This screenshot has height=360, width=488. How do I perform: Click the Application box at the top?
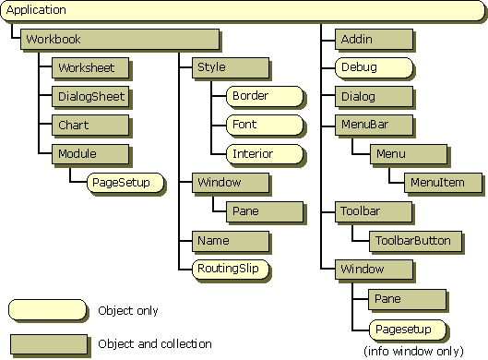click(x=243, y=10)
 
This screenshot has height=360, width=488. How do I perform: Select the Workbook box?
click(x=120, y=40)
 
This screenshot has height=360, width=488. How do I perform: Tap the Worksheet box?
click(x=90, y=67)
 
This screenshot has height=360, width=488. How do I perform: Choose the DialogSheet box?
click(x=90, y=97)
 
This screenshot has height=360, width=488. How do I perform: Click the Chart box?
click(x=90, y=126)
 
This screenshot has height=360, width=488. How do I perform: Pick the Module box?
click(x=90, y=154)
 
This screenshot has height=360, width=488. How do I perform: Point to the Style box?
click(x=231, y=67)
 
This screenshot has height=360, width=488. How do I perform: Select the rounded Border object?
click(x=265, y=96)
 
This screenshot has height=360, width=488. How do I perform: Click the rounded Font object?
click(x=265, y=125)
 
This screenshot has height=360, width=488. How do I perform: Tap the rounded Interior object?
click(x=265, y=154)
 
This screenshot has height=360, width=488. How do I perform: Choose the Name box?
click(x=231, y=241)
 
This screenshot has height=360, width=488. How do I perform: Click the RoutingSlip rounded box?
click(x=231, y=270)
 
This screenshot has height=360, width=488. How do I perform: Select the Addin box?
click(x=375, y=40)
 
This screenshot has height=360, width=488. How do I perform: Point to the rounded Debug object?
click(x=375, y=67)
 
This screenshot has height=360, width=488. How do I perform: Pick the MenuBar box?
click(x=375, y=125)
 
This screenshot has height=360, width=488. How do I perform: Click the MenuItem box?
click(x=443, y=183)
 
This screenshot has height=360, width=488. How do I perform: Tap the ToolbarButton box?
click(x=415, y=241)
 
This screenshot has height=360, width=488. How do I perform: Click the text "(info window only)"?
click(x=413, y=352)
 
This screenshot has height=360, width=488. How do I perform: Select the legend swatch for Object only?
click(x=47, y=310)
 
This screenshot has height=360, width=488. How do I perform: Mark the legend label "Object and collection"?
click(x=155, y=343)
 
